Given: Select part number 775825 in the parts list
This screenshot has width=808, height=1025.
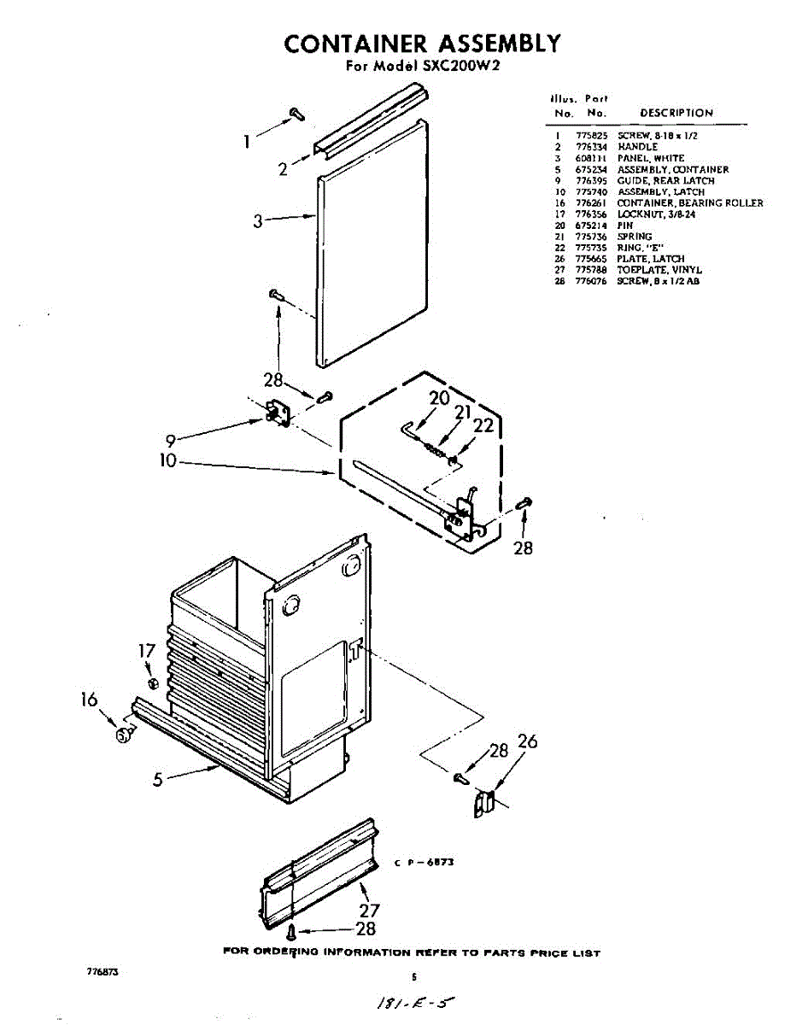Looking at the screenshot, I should [593, 136].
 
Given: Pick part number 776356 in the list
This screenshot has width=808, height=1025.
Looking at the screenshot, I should [593, 214].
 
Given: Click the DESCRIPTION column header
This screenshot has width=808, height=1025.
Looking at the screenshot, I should [676, 113].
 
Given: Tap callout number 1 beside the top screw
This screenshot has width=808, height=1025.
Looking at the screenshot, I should [247, 142].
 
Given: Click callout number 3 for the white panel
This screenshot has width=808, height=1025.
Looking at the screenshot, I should [257, 222].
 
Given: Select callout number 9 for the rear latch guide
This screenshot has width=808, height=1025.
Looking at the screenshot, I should [171, 441].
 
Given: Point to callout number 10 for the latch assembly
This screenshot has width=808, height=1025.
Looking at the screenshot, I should [167, 461].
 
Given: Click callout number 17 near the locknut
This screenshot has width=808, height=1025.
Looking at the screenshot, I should [147, 652].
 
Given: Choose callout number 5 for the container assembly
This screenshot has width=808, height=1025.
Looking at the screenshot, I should [158, 780].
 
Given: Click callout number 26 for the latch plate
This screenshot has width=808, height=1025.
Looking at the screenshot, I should [528, 741].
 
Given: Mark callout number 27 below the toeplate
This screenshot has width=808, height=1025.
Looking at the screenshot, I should [370, 911].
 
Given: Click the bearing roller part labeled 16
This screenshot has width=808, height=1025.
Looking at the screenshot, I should [125, 734].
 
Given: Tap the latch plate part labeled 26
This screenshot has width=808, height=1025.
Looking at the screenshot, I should [484, 803].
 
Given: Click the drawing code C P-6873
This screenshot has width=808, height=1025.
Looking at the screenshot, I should [424, 863].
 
